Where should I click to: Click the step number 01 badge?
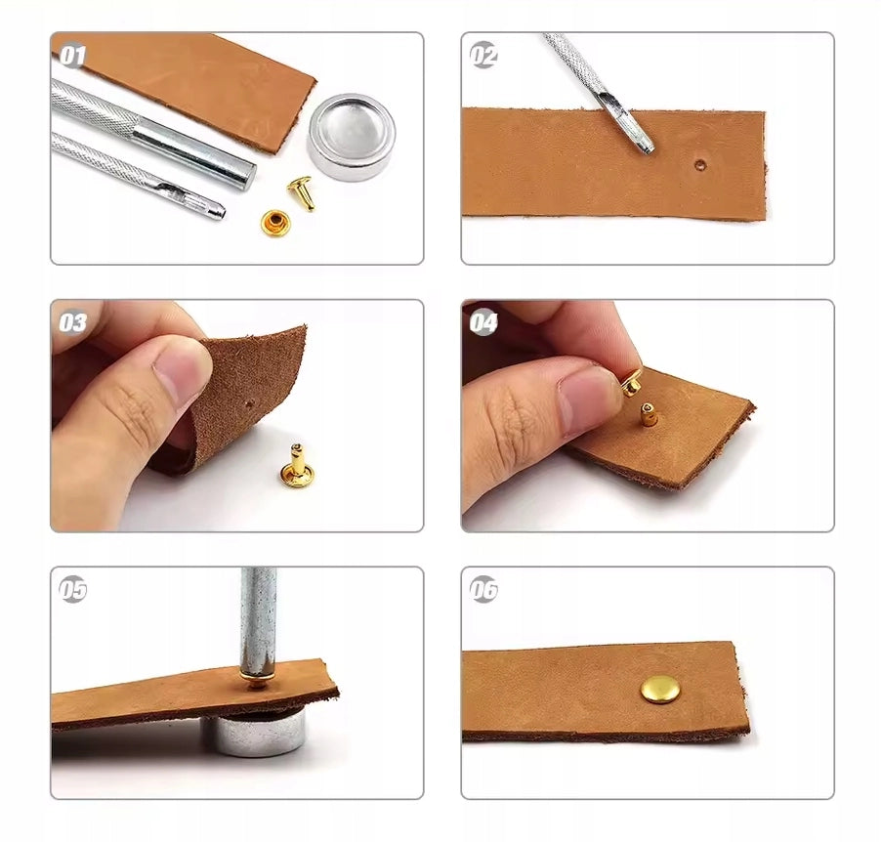click(73, 56)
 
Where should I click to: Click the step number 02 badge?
click(483, 55)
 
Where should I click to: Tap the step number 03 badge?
click(73, 322)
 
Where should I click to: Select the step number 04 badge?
click(483, 322)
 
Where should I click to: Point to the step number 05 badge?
click(73, 590)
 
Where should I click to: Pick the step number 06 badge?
click(483, 590)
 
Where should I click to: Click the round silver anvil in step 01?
click(352, 137)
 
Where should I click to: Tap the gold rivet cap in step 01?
click(274, 222)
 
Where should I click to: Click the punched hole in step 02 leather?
click(700, 165)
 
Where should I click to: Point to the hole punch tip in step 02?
click(647, 147)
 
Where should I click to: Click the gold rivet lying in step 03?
click(296, 466)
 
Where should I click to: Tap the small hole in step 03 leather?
click(249, 403)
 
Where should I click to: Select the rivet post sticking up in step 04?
click(649, 415)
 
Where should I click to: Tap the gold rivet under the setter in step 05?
click(257, 680)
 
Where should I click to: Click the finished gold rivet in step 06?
click(660, 689)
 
